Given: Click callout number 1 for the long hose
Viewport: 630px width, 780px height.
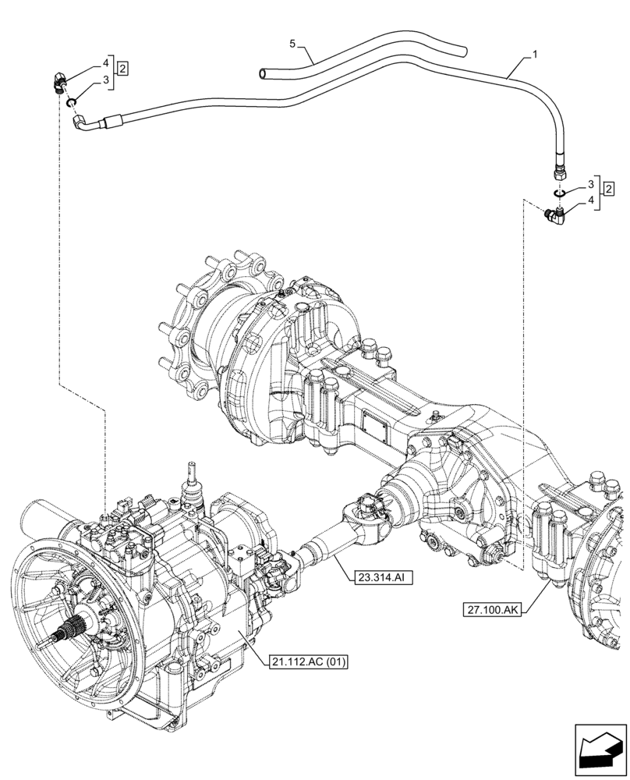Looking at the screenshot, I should pos(534,55).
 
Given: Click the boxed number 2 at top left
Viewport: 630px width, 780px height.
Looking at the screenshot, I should pos(123,69).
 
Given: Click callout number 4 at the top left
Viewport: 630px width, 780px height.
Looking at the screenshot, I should pos(104,61).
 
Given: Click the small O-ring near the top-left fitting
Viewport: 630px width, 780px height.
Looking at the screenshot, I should pos(71,102).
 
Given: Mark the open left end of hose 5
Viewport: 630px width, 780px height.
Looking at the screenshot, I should pos(264,74).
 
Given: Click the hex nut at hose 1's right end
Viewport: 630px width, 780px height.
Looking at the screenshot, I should pos(559,172).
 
